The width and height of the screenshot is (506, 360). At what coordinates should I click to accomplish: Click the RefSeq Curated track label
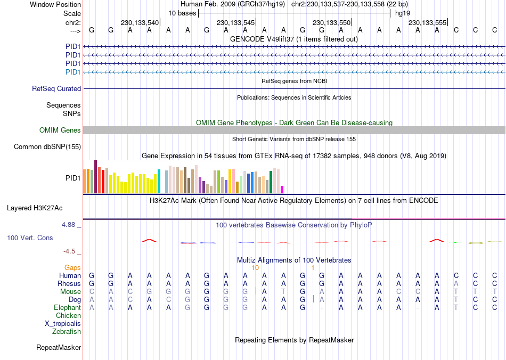point(56,89)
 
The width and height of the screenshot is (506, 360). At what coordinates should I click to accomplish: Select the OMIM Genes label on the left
point(60,130)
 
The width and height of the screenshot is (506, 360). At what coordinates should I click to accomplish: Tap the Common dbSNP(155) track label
point(47,147)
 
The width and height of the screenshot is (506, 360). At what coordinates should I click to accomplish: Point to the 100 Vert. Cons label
point(30,238)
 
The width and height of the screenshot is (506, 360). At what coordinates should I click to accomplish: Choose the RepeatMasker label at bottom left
point(59,348)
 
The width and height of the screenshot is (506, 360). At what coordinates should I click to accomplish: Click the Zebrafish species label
point(67,332)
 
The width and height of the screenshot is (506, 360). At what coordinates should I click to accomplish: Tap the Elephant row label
point(67,308)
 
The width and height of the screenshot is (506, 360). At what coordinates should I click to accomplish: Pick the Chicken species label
point(68,316)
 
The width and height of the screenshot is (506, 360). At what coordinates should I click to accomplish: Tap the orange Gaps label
point(73,267)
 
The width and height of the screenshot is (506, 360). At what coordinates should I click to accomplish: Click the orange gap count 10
point(255,267)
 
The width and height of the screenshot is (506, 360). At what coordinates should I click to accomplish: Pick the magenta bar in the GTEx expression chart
point(282,190)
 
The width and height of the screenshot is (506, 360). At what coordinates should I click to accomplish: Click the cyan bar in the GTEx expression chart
point(159,182)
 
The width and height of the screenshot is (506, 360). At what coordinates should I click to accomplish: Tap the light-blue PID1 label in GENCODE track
point(73,72)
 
